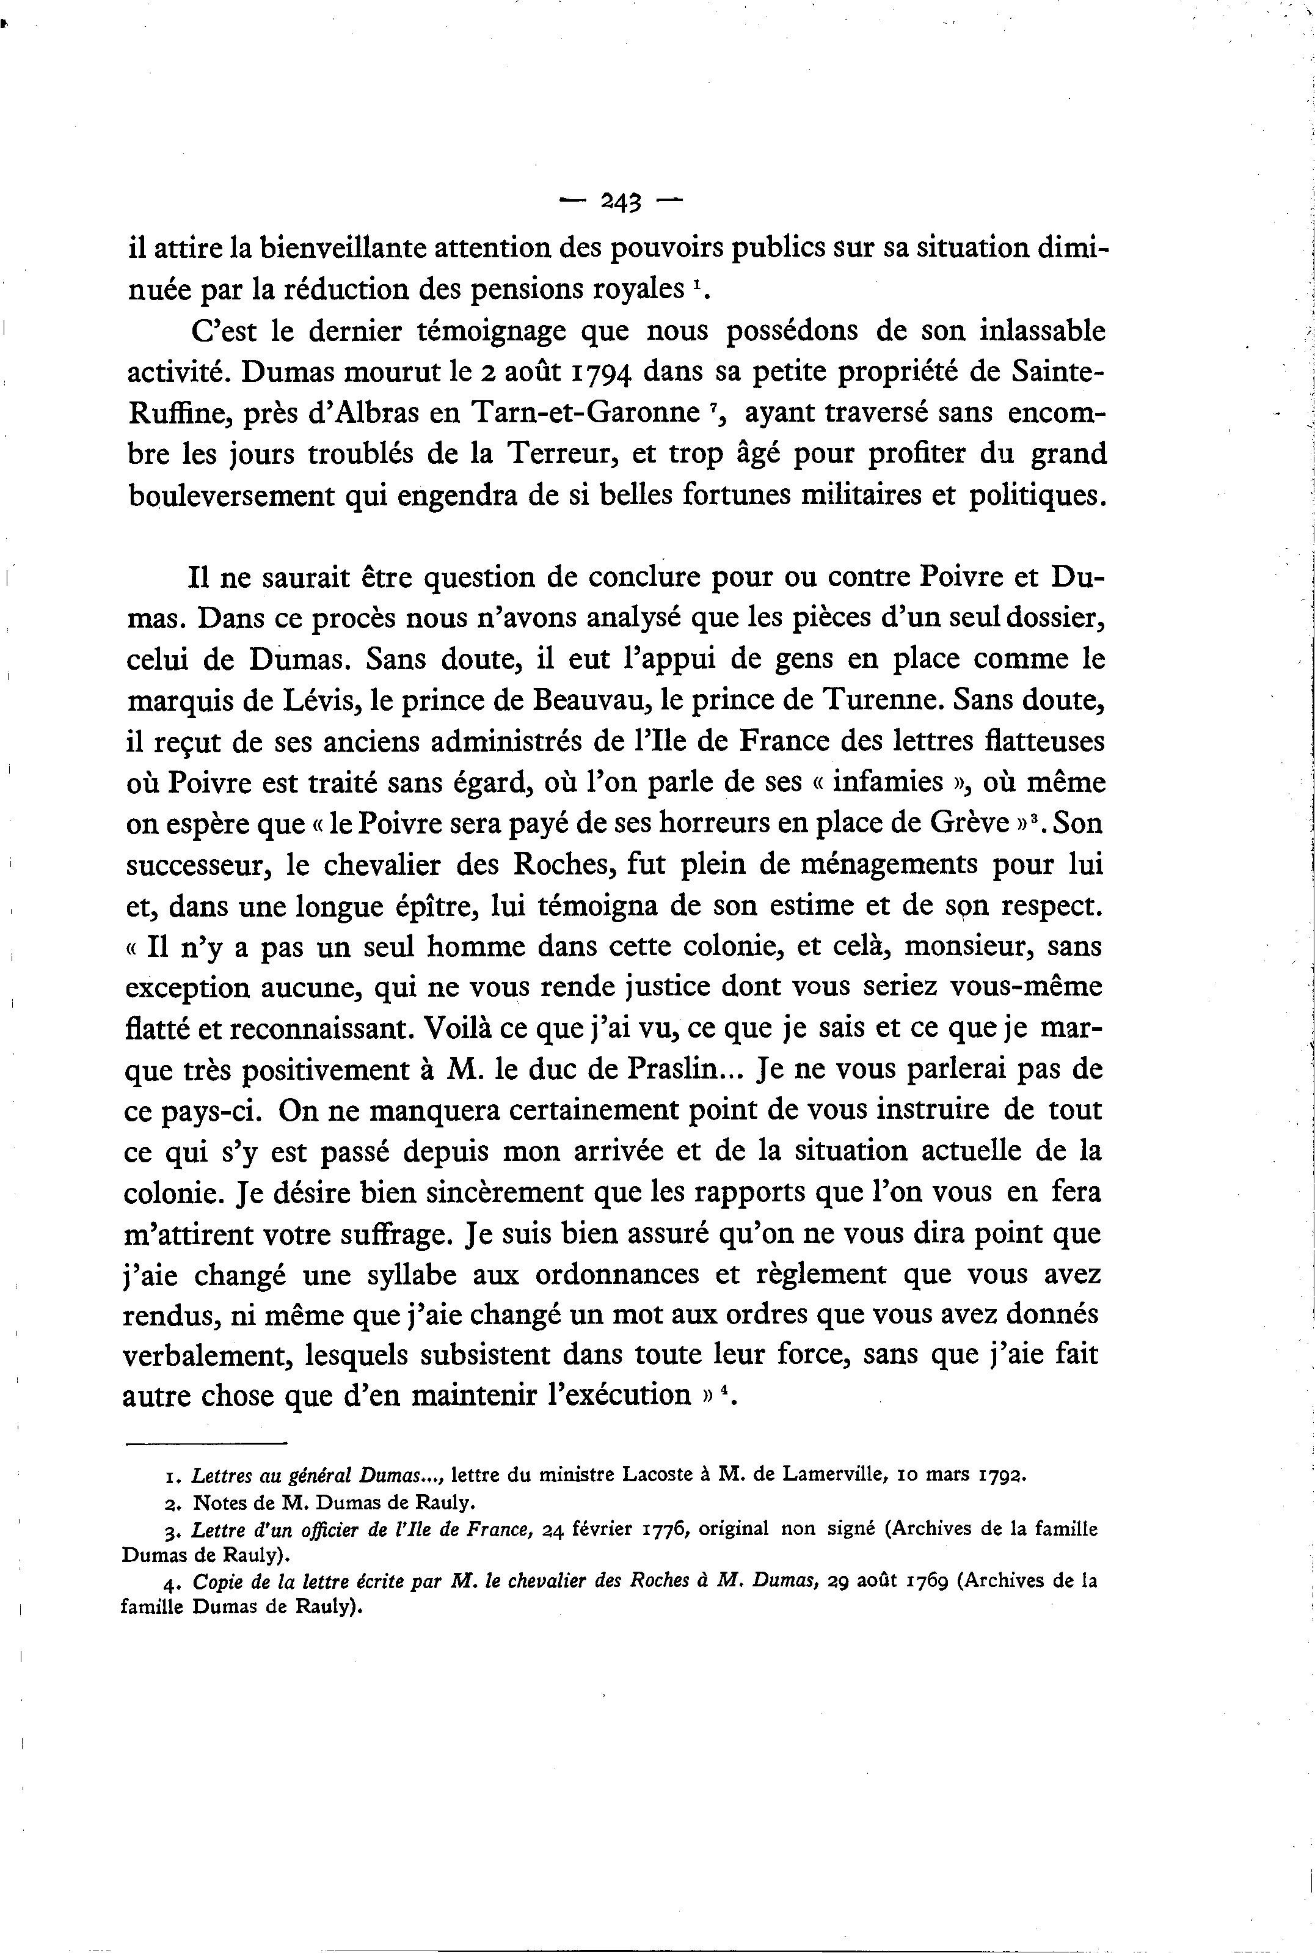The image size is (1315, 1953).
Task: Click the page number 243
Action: pos(621,202)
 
